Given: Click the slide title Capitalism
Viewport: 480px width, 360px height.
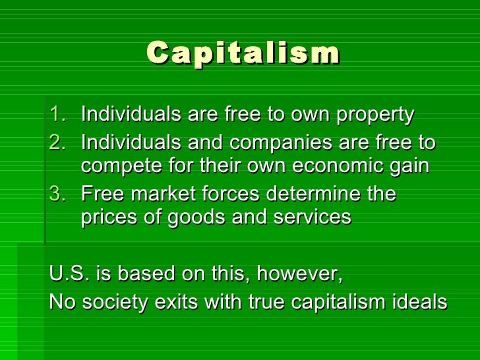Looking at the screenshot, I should tap(243, 53).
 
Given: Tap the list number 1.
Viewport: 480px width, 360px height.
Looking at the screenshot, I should tap(58, 115).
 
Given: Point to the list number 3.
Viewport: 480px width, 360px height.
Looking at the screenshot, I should tap(58, 195).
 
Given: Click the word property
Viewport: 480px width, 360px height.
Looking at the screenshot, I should tap(375, 115).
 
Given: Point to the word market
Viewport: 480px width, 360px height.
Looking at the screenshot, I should tap(167, 195).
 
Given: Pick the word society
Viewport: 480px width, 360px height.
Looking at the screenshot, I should tap(117, 302).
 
